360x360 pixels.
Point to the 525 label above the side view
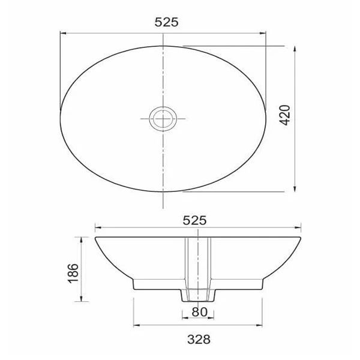pos(195,220)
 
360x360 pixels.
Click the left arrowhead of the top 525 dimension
pos(62,33)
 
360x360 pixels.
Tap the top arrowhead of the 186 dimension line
pos(83,238)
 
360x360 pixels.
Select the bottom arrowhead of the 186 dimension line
pos(83,299)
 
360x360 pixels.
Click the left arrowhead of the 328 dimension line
pos(134,327)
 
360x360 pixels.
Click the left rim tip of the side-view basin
pos(96,238)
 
